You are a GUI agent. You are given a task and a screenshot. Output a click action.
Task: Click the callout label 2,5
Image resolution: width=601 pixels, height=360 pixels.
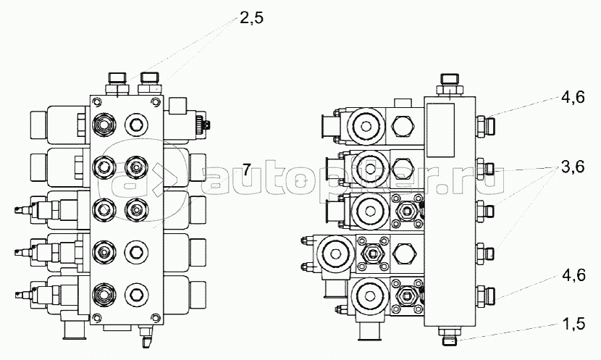(251, 18)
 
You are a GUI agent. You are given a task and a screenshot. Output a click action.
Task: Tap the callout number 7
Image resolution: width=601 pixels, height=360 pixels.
(246, 169)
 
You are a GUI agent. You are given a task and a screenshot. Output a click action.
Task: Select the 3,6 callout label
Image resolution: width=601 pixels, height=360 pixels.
(573, 167)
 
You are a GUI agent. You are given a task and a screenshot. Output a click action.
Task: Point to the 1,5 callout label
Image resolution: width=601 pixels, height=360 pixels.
(573, 324)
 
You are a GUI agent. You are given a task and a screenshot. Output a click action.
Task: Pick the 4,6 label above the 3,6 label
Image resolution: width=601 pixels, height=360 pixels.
(573, 97)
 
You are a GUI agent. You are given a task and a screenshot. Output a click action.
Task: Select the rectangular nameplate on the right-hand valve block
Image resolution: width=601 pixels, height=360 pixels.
(440, 130)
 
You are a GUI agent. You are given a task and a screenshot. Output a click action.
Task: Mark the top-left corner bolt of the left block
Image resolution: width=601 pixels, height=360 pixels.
(97, 101)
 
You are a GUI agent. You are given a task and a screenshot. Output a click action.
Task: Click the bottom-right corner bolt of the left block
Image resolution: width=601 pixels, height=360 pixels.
(155, 317)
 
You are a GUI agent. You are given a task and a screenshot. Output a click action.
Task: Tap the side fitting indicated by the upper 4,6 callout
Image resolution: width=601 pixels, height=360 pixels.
(485, 125)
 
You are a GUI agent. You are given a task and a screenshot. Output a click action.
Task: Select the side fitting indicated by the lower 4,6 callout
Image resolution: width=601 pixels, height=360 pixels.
(485, 296)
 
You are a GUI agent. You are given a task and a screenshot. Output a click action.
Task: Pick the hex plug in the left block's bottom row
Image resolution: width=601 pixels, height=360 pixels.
(136, 294)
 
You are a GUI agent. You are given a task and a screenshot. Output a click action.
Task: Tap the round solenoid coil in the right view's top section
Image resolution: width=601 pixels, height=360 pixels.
(366, 126)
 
